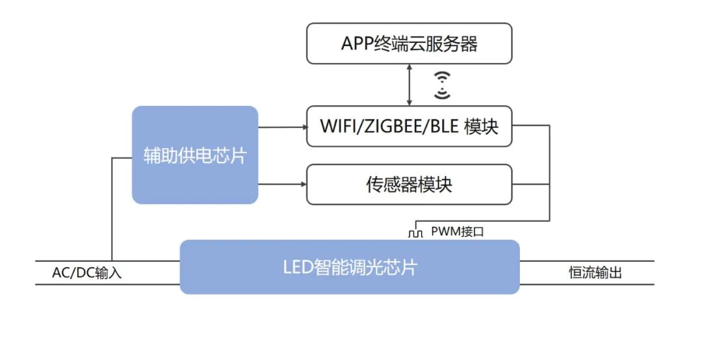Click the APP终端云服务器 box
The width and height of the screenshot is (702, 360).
click(409, 44)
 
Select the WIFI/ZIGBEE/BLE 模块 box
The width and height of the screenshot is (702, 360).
click(409, 126)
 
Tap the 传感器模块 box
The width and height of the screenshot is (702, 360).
click(409, 185)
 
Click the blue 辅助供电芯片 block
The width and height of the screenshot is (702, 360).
click(195, 155)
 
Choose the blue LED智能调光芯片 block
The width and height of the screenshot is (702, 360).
click(350, 267)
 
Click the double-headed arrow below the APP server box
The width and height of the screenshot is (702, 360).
click(409, 84)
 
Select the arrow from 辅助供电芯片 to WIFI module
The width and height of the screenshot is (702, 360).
click(282, 127)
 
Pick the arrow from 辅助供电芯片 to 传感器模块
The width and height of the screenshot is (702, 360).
click(282, 185)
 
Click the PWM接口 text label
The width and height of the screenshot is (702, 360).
click(457, 231)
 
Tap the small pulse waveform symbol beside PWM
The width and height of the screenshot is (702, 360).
click(415, 231)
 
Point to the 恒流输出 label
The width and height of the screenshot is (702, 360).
click(595, 273)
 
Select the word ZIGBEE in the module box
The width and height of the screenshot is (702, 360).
click(393, 126)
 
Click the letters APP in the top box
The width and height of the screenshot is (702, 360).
click(357, 44)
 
